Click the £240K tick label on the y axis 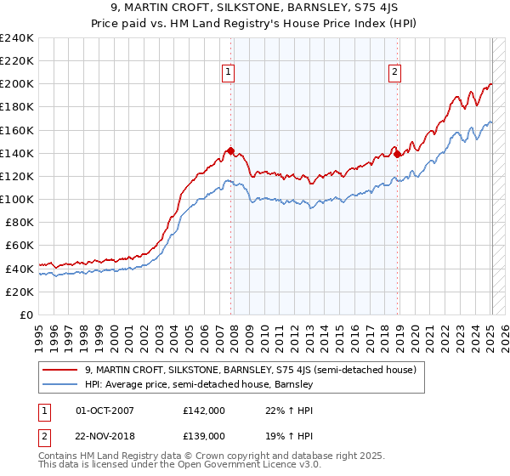tap(17, 38)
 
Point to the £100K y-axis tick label tap(17, 199)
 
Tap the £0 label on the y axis tap(25, 314)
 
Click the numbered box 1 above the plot tap(230, 73)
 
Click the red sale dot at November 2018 tap(398, 155)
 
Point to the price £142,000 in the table tap(203, 410)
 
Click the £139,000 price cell tap(203, 435)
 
